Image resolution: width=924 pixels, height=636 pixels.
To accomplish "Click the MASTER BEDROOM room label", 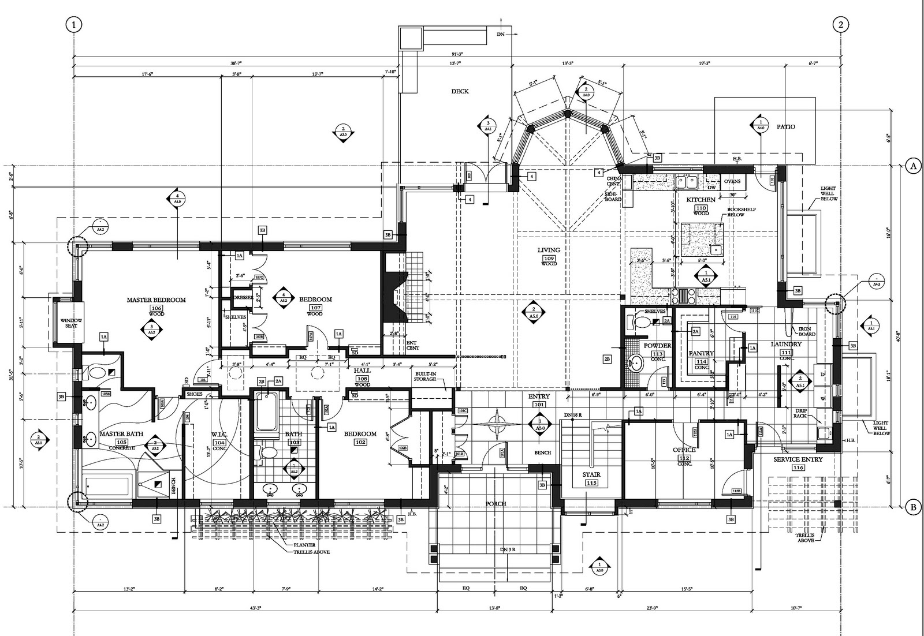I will [x=156, y=300].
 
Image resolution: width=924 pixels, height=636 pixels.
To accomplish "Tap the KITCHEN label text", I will [x=701, y=200].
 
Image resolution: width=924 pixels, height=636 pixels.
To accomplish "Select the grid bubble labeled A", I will [x=913, y=166].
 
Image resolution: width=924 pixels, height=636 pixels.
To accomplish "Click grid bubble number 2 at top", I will [x=840, y=24].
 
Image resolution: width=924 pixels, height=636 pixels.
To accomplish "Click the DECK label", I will [x=460, y=91].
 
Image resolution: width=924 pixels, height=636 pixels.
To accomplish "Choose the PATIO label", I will [x=785, y=126].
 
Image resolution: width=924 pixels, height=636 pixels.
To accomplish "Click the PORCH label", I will [x=495, y=504].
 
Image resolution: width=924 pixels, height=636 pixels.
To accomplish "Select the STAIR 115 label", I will [x=592, y=478].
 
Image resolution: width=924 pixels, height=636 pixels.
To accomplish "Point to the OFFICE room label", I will [x=684, y=450].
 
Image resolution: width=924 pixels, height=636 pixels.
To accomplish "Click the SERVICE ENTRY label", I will [x=798, y=459].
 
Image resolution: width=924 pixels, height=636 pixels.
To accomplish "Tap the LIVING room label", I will [x=549, y=250].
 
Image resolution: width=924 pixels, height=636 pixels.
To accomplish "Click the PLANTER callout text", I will [x=304, y=544].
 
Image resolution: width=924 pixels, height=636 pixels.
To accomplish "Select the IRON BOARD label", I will [x=807, y=331].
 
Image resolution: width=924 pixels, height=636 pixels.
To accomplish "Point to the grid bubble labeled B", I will [x=913, y=507].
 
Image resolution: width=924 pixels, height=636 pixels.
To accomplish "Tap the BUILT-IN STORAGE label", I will [x=426, y=377].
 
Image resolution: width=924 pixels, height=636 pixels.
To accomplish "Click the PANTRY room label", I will [x=701, y=353].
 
